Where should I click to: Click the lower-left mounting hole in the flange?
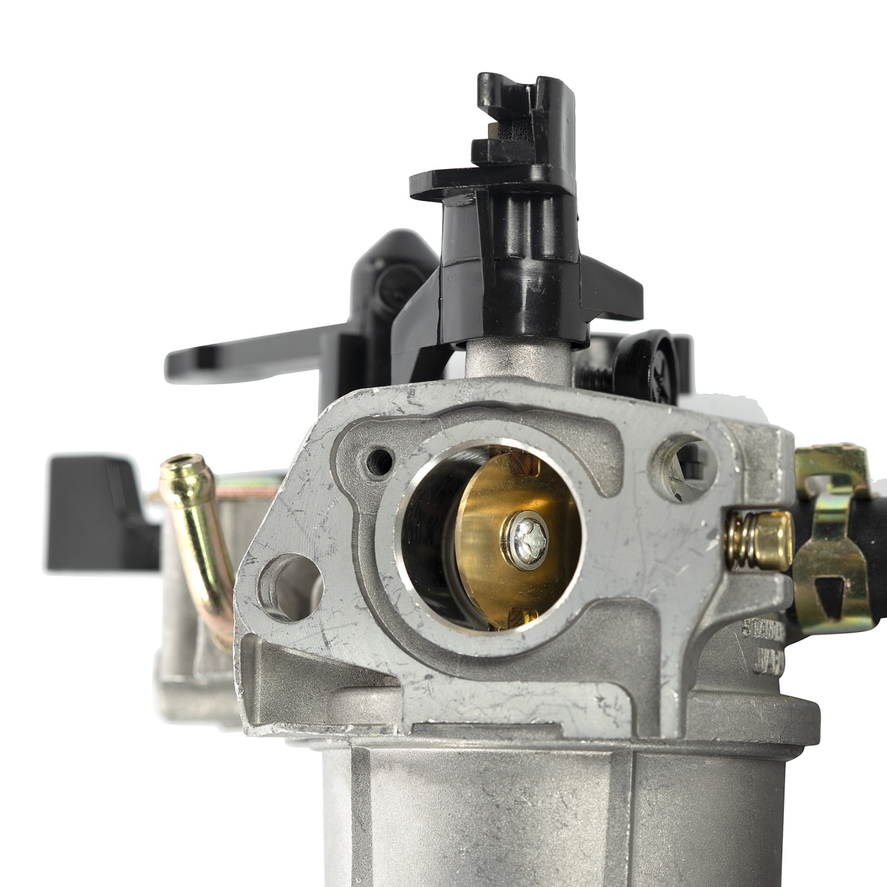(x=289, y=578)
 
